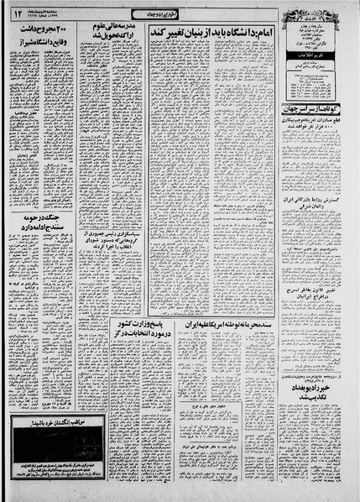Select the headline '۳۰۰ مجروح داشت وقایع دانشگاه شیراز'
(x=40, y=38)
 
